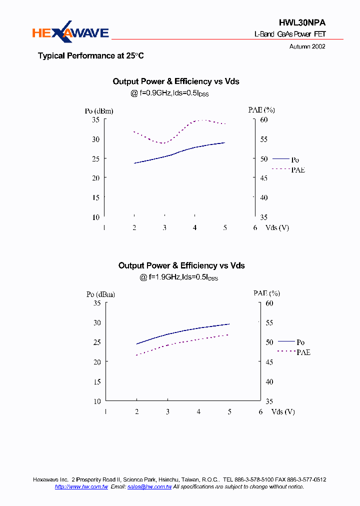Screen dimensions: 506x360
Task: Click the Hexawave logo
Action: tap(70, 32)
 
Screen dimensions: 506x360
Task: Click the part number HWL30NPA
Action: tap(302, 22)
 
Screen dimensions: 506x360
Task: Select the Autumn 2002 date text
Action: tap(307, 46)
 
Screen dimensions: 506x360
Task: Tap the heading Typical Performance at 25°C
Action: tap(90, 56)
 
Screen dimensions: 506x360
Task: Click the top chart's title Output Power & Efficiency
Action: tap(176, 81)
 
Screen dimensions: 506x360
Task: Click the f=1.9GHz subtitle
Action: tap(179, 277)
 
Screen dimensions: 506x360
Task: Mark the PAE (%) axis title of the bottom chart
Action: tap(266, 293)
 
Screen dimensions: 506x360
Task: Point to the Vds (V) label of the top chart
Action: tap(277, 228)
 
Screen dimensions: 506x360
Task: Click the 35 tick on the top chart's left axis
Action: tap(95, 120)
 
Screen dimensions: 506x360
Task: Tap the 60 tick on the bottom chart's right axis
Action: tap(269, 303)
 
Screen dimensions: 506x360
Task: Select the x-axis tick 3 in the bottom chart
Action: tap(167, 412)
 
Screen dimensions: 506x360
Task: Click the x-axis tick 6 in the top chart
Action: tap(255, 228)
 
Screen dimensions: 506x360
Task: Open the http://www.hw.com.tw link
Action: tap(81, 486)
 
